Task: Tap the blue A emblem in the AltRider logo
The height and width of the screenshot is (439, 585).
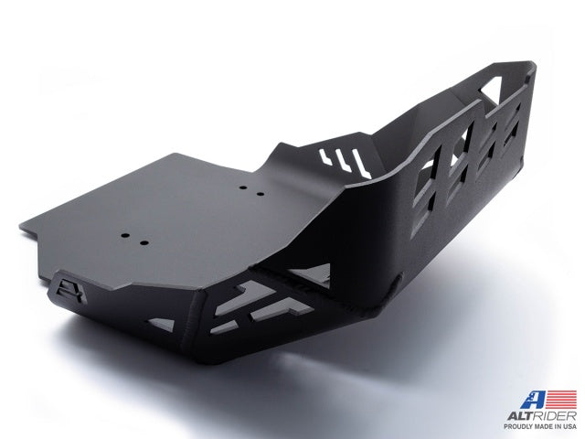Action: [534, 400]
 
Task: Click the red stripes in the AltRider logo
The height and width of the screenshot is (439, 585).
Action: [561, 399]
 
